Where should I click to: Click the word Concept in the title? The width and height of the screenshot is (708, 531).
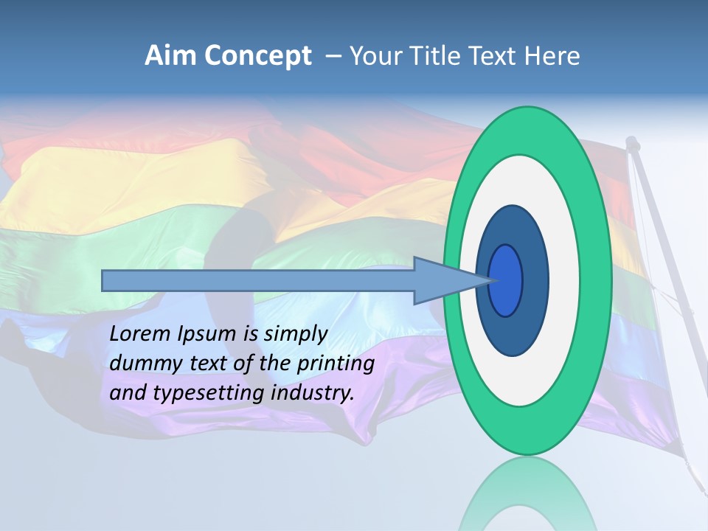coord(257,56)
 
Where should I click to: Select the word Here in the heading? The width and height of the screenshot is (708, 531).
coord(552,56)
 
